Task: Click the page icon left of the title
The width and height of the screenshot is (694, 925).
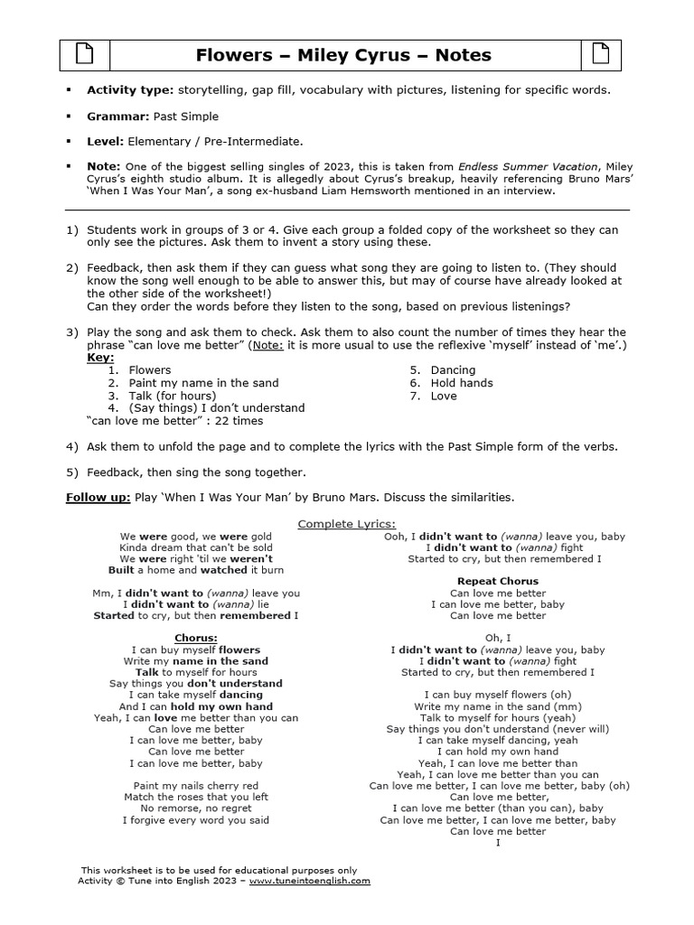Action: coord(84,55)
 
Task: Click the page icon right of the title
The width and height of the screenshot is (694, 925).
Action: coord(599,55)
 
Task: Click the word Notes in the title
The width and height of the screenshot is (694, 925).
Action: coord(463,55)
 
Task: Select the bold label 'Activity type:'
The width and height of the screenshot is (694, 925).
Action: coord(130,89)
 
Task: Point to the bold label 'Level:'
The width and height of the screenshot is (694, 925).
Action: coord(105,142)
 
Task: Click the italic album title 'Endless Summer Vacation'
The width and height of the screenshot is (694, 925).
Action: coord(528,166)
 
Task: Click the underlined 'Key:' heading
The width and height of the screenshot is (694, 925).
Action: coord(100,358)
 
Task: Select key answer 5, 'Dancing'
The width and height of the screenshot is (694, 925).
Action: coord(453,370)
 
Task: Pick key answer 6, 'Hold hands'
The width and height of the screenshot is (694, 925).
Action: coord(462,383)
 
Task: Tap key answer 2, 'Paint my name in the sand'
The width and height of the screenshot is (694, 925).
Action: coord(203,383)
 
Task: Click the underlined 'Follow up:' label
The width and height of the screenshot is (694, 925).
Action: coord(98,498)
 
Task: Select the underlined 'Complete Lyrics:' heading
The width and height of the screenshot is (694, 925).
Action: coord(347,524)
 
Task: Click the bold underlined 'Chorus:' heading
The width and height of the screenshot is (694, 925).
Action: coord(195,638)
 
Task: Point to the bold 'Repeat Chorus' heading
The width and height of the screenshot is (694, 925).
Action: coord(497,581)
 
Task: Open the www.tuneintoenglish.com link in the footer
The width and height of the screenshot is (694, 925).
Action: coord(309,881)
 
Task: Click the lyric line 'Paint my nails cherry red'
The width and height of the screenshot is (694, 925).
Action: coord(195,786)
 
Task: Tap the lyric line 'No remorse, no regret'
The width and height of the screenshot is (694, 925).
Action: coord(195,808)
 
